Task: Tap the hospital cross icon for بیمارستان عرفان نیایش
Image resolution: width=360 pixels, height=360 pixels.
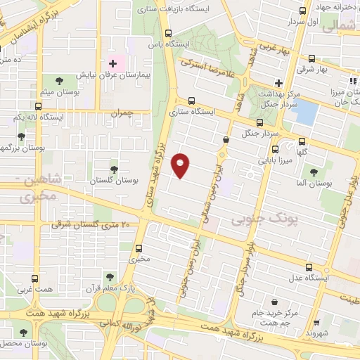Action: [112, 63]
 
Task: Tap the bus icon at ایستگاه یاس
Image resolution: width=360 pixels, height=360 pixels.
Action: [167, 33]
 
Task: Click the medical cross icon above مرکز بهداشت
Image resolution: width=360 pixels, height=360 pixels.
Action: [280, 82]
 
